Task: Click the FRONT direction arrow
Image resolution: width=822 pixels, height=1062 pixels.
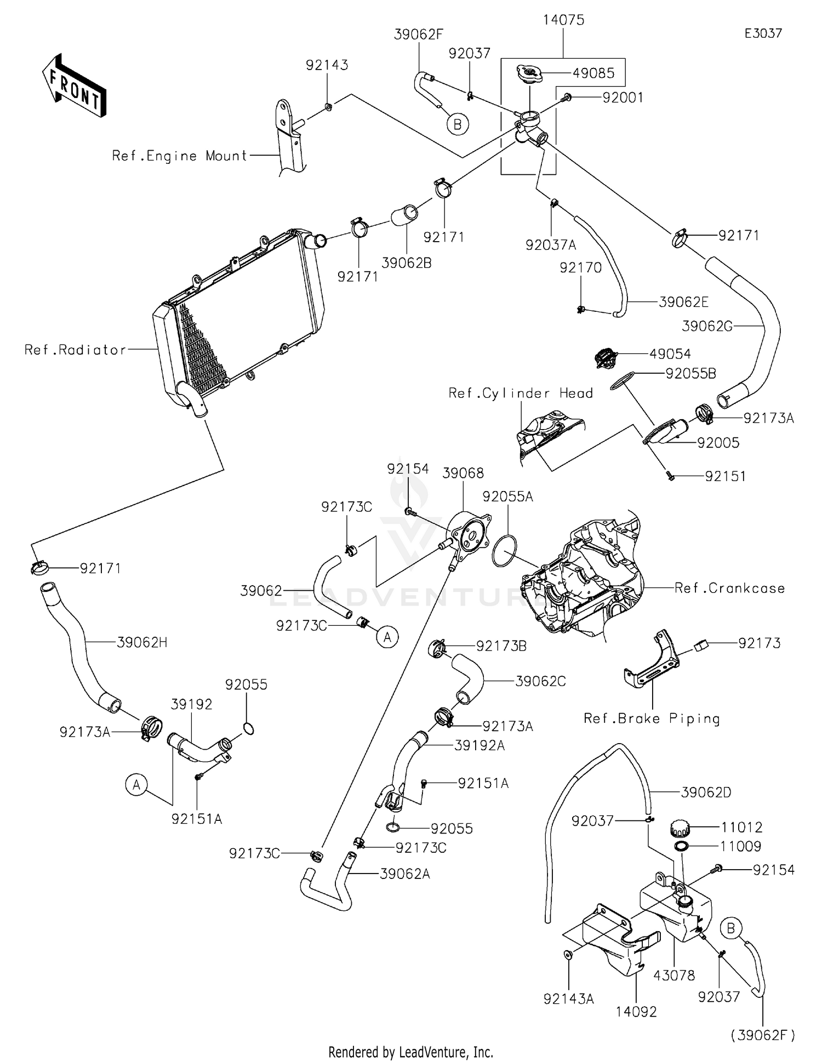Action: pyautogui.click(x=74, y=86)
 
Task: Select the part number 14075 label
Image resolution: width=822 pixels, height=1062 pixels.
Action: pyautogui.click(x=563, y=20)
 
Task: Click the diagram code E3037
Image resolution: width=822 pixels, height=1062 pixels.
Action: pyautogui.click(x=763, y=33)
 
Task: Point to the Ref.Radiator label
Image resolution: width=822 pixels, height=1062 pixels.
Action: pyautogui.click(x=75, y=350)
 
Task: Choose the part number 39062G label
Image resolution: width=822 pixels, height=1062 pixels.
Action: pyautogui.click(x=707, y=326)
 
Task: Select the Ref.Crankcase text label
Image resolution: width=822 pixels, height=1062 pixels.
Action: pyautogui.click(x=729, y=588)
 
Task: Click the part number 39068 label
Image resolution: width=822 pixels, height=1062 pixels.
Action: pyautogui.click(x=463, y=473)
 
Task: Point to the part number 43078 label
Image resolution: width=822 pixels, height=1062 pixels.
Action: pyautogui.click(x=674, y=975)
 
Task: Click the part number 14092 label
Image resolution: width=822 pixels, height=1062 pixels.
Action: pyautogui.click(x=636, y=1011)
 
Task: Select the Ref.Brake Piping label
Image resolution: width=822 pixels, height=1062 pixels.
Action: pyautogui.click(x=652, y=718)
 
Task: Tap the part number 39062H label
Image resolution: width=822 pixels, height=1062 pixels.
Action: pyautogui.click(x=142, y=642)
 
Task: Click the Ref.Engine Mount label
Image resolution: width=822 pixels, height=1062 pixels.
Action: pyautogui.click(x=180, y=156)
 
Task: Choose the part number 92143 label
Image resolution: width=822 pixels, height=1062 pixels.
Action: pyautogui.click(x=327, y=65)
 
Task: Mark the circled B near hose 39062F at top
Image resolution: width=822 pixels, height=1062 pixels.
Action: pyautogui.click(x=457, y=125)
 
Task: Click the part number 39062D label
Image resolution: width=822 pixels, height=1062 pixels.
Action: pyautogui.click(x=706, y=792)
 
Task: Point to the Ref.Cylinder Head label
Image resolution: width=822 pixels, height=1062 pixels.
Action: pyautogui.click(x=521, y=393)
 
